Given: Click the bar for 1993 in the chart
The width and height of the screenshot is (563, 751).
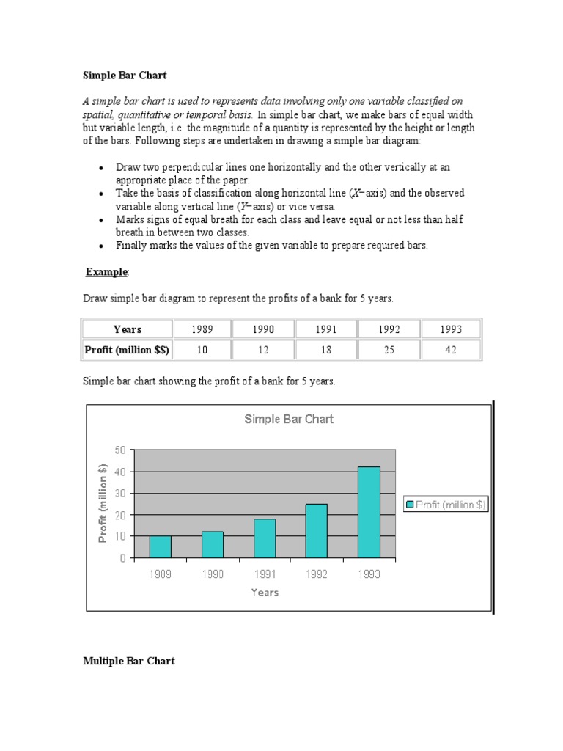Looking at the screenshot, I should [369, 513].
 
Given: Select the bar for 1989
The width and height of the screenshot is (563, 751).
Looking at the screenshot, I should [160, 546].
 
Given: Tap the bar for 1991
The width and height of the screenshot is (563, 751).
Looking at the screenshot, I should [265, 538].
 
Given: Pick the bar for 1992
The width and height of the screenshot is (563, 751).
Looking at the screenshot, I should [317, 531].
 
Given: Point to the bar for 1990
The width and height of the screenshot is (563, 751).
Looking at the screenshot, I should [213, 544].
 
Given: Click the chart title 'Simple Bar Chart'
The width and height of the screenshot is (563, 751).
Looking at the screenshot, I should [288, 419].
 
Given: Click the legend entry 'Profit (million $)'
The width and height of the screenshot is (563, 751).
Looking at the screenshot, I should [446, 504].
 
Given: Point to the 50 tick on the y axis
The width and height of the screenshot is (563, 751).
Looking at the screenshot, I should [119, 450].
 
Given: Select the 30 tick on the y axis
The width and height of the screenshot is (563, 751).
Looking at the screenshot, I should [119, 493].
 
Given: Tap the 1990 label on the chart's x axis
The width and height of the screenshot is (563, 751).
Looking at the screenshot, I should [213, 574].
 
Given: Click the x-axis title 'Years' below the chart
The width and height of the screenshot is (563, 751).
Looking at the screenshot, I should [265, 593].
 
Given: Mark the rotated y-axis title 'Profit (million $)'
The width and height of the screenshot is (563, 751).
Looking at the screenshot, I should [103, 504].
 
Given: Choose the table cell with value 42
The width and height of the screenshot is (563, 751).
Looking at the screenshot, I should [450, 350].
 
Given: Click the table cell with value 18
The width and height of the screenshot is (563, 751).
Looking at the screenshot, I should [325, 350].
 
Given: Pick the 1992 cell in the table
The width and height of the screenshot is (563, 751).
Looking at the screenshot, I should [389, 329].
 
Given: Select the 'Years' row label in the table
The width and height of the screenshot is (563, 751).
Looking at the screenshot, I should [128, 329].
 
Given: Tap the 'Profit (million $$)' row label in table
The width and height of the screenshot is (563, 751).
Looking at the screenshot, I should [128, 350].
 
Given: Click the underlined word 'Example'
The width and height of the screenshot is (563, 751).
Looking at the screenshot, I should [107, 272].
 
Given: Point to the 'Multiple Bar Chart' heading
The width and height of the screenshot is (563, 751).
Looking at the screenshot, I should [129, 661].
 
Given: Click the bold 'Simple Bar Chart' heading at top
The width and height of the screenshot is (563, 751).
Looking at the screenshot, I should [125, 75].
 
